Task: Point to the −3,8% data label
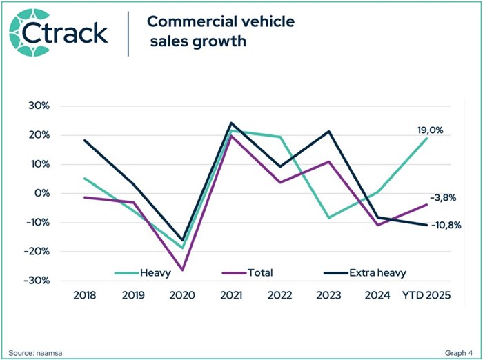(x=443, y=198)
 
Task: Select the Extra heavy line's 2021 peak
(x=231, y=123)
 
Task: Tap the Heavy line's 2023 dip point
(x=330, y=218)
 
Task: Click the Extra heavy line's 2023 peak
(x=330, y=131)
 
